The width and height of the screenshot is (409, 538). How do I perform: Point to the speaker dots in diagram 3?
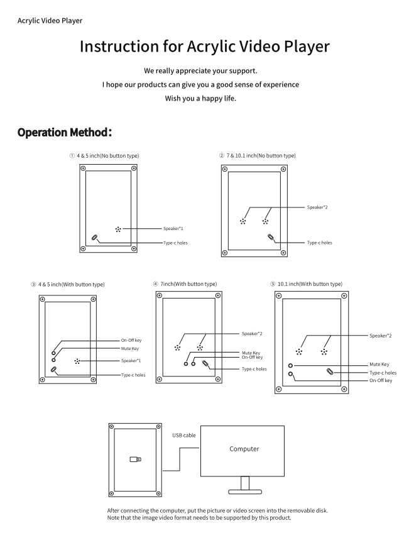[x=77, y=361]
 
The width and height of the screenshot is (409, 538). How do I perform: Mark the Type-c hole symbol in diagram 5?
[x=330, y=372]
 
